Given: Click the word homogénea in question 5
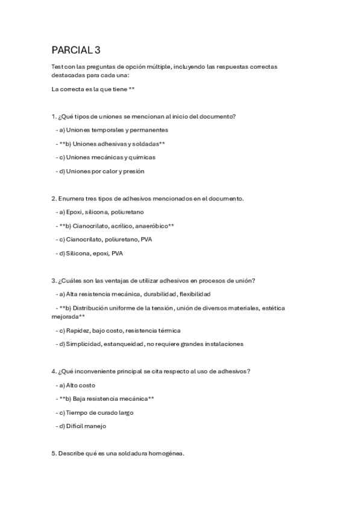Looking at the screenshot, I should [166, 453].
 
